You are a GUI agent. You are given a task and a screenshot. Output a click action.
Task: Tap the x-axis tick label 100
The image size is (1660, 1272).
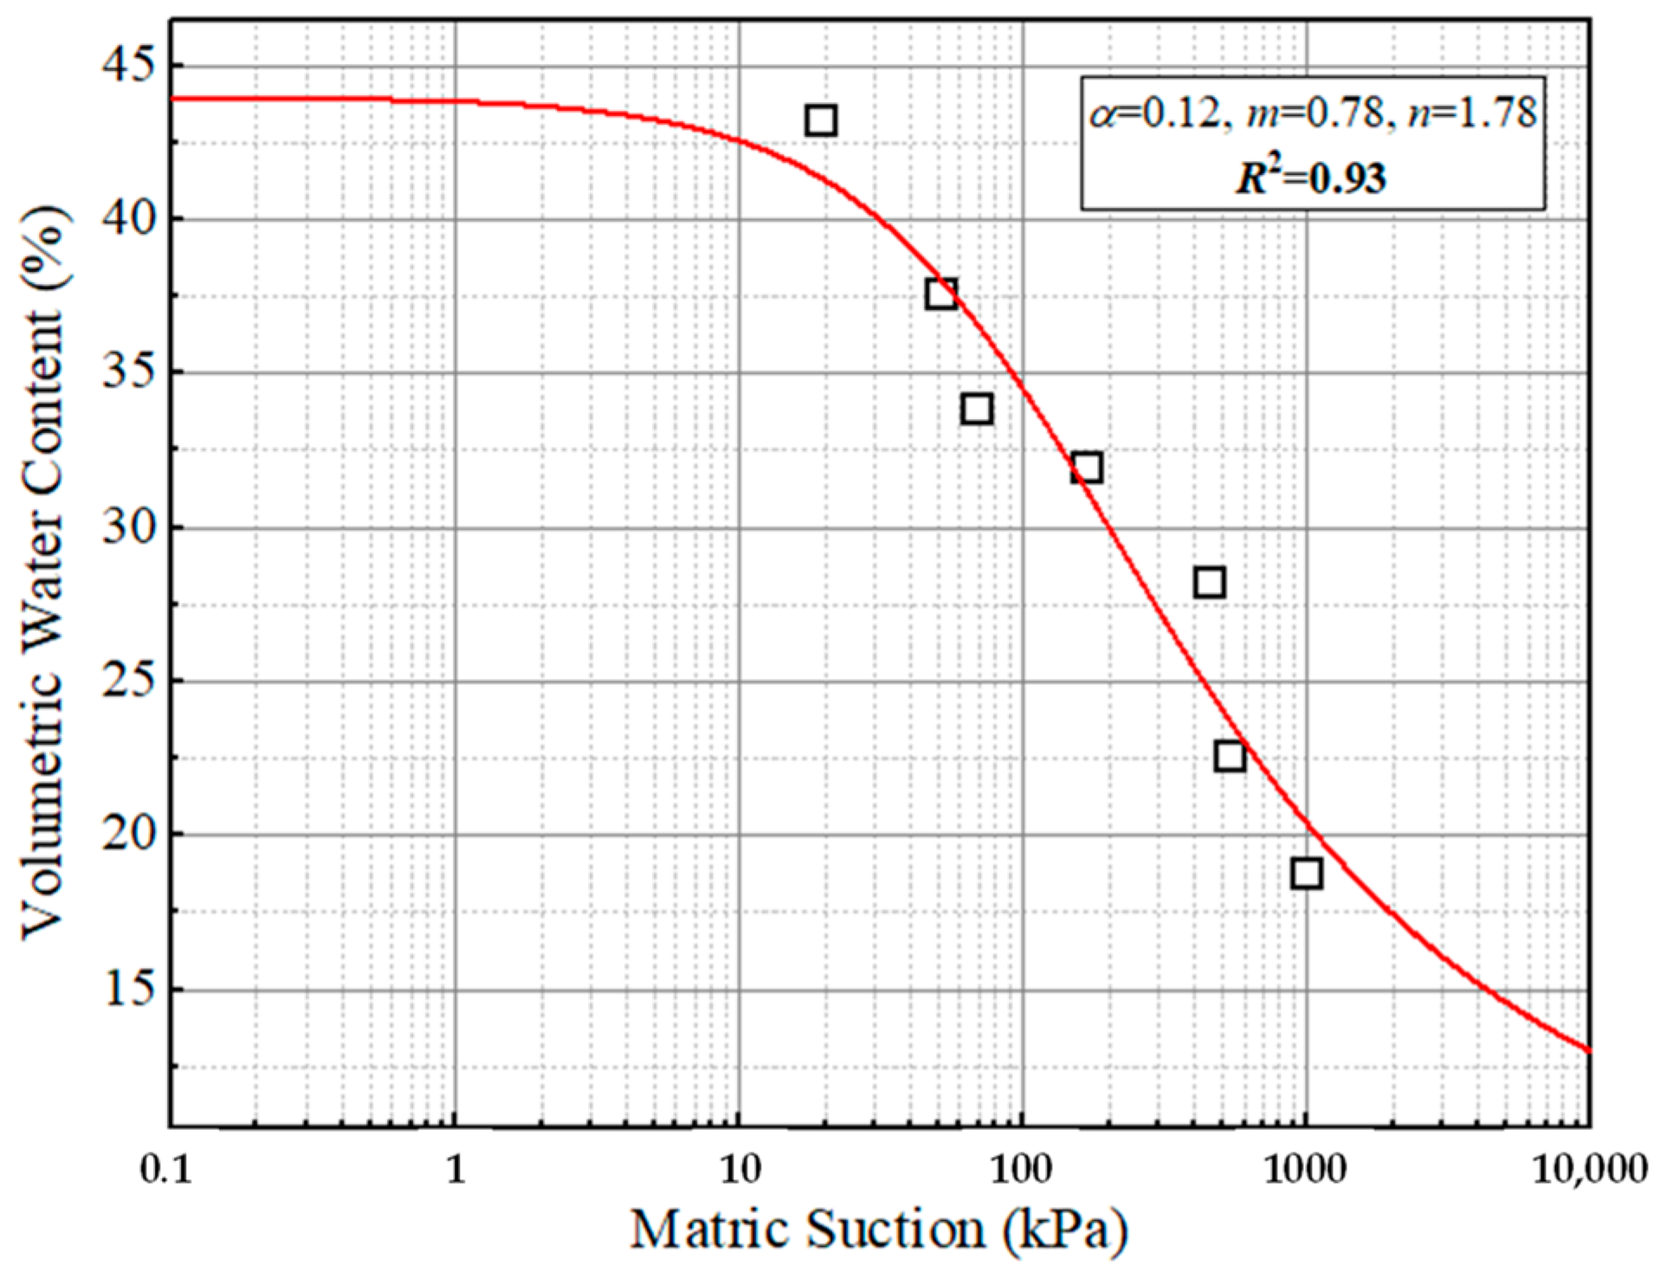click(x=1022, y=1171)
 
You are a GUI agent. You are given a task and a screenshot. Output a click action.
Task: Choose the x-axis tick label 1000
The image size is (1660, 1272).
click(x=1306, y=1171)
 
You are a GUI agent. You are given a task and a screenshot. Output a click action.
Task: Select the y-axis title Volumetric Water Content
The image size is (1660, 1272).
click(x=43, y=571)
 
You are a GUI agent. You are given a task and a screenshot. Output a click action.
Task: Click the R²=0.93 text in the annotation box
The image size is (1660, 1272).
click(x=1311, y=178)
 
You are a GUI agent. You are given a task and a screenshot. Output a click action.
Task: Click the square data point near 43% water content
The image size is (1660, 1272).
click(x=820, y=120)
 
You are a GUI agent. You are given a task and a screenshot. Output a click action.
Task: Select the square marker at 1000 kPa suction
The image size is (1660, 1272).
click(x=1306, y=874)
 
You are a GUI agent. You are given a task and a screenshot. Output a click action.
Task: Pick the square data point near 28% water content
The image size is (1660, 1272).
click(x=1209, y=583)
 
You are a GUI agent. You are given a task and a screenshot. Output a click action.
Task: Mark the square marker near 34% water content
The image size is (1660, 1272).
click(x=977, y=409)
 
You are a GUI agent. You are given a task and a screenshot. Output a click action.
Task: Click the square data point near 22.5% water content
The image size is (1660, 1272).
click(x=1230, y=756)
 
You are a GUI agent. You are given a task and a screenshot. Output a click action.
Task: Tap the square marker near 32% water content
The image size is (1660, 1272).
click(x=1086, y=468)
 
